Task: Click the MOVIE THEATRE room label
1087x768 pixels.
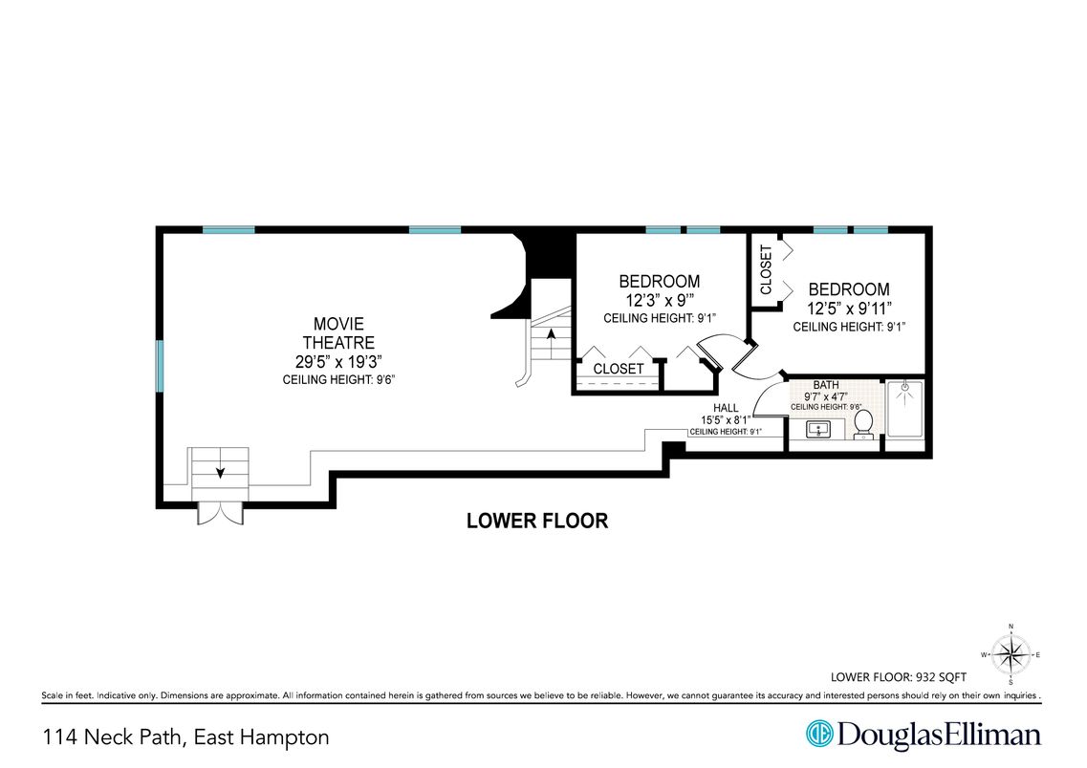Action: click(x=338, y=333)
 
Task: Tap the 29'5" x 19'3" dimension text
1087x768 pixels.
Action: click(x=338, y=361)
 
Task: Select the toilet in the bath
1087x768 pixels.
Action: click(x=863, y=424)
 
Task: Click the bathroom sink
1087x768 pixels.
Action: click(x=818, y=429)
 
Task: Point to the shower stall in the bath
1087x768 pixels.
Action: click(x=904, y=409)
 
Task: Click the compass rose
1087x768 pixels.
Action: click(x=1011, y=654)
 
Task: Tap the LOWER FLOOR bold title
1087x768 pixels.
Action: click(x=537, y=521)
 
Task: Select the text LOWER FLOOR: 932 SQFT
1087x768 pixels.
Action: click(x=899, y=677)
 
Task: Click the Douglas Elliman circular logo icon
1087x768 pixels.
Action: click(x=818, y=734)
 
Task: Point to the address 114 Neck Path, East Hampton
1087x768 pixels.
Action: click(x=185, y=737)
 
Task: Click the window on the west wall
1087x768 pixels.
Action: click(x=160, y=366)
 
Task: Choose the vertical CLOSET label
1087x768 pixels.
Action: click(x=766, y=269)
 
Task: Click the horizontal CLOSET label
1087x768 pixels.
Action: click(x=619, y=369)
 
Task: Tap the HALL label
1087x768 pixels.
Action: click(x=726, y=409)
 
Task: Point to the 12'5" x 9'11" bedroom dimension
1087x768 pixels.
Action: click(x=849, y=309)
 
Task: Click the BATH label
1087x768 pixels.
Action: click(x=826, y=385)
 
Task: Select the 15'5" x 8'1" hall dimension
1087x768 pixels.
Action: click(x=726, y=420)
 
